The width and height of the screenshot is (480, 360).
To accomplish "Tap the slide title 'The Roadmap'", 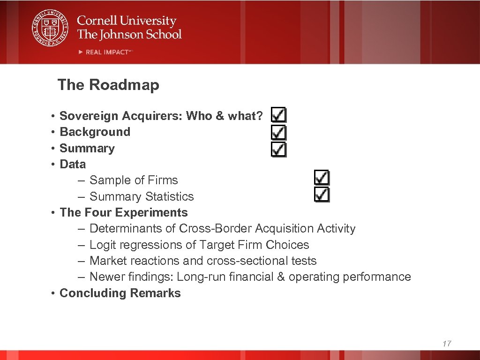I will pyautogui.click(x=108, y=85).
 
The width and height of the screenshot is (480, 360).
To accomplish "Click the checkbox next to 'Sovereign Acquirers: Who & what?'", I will pyautogui.click(x=279, y=115).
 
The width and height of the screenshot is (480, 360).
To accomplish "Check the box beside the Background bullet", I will pyautogui.click(x=279, y=132).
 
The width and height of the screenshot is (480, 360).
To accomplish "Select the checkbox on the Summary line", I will pyautogui.click(x=279, y=149).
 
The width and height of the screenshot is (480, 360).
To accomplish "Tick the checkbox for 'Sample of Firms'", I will pyautogui.click(x=322, y=178).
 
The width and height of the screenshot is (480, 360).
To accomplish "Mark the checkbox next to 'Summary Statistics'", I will pyautogui.click(x=322, y=195).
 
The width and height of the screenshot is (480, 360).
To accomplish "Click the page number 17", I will pyautogui.click(x=446, y=344).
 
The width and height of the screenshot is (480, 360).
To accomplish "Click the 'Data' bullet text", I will pyautogui.click(x=73, y=164).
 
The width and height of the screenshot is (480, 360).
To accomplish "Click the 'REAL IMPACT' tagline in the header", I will pyautogui.click(x=107, y=52).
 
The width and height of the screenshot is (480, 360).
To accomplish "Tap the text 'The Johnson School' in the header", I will pyautogui.click(x=129, y=34).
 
